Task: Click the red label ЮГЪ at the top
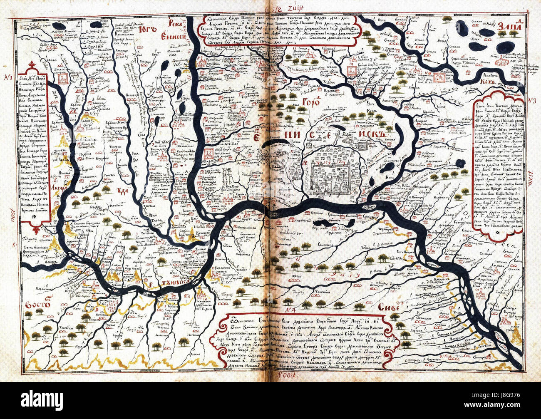(149, 30)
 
